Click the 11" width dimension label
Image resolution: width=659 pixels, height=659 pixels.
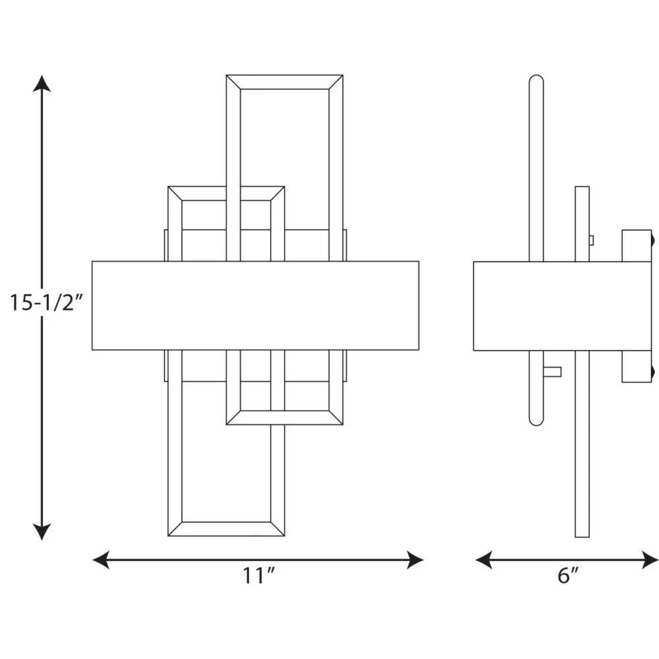(258, 575)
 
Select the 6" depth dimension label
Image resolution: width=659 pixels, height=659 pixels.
(568, 575)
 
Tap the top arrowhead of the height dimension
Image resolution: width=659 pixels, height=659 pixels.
(42, 83)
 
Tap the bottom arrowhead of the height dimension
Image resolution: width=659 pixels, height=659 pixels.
(42, 532)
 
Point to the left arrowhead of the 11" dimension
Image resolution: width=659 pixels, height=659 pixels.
(101, 559)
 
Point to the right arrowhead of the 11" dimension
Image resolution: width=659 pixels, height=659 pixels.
(415, 559)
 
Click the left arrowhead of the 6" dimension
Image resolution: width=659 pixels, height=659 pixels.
(484, 559)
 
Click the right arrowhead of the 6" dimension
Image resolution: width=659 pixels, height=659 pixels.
(650, 559)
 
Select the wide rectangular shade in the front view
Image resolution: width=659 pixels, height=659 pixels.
(256, 306)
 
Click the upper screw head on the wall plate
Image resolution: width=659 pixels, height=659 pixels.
(654, 241)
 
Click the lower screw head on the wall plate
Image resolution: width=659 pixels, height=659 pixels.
(654, 371)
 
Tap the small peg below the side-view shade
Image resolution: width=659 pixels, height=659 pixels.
(552, 372)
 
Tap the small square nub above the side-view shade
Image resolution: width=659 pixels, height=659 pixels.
(591, 241)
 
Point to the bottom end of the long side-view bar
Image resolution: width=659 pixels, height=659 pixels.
(582, 536)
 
